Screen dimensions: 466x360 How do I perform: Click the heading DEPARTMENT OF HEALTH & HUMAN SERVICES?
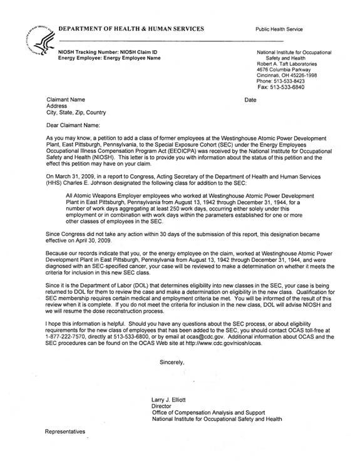131,29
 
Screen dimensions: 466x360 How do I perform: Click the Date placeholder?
250,100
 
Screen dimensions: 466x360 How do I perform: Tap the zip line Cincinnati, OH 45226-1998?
291,75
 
